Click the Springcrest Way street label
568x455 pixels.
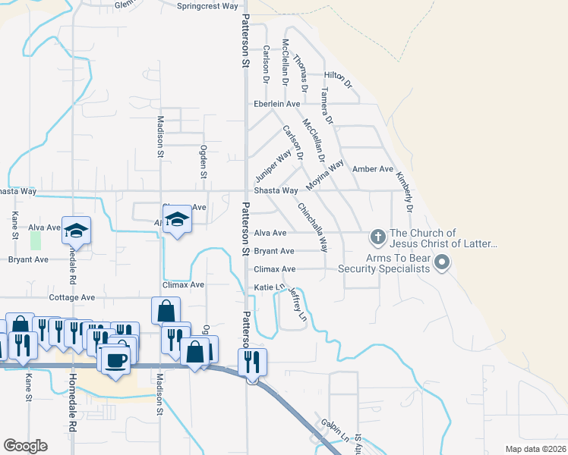tap(207, 6)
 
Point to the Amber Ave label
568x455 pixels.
tap(373, 169)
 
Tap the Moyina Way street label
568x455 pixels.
tap(325, 175)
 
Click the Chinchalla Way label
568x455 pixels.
tap(313, 227)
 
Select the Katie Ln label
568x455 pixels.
tap(268, 287)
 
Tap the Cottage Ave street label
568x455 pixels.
tap(71, 297)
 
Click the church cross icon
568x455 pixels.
tap(377, 237)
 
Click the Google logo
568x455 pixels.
tap(25, 446)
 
